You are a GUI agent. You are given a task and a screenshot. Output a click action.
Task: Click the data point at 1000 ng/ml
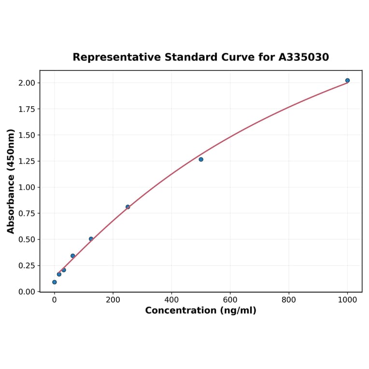coord(347,80)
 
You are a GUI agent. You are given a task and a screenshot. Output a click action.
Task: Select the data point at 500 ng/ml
coord(201,159)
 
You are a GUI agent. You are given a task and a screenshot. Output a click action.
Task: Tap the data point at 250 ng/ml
coord(128,207)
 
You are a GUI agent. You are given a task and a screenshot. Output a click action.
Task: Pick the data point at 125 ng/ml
coord(91,239)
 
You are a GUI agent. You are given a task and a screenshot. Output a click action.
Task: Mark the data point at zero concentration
coord(54,282)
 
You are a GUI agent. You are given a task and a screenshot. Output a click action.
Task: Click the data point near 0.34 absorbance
coord(73,256)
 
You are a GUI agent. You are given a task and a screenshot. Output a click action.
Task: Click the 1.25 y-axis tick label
coord(27,161)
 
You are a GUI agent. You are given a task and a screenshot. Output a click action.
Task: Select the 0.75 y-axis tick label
coord(27,213)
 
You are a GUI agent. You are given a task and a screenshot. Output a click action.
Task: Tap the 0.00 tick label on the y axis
coord(27,292)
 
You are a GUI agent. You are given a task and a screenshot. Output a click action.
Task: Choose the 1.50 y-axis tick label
coord(27,135)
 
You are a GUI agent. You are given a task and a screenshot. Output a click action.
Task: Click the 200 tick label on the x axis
coord(113,300)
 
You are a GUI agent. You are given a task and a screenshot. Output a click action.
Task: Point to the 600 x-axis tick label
coord(230,300)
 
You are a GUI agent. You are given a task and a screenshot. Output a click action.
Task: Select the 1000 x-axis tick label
coord(347,300)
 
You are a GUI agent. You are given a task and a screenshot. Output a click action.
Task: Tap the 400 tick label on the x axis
coord(171,300)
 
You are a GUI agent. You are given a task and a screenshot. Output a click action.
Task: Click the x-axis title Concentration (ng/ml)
coord(200,311)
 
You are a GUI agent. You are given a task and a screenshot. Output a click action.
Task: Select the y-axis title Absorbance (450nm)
coord(11,181)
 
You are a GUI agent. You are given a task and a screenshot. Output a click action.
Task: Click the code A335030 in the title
coord(304,57)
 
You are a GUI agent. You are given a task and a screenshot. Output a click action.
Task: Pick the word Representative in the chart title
coord(117,57)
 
